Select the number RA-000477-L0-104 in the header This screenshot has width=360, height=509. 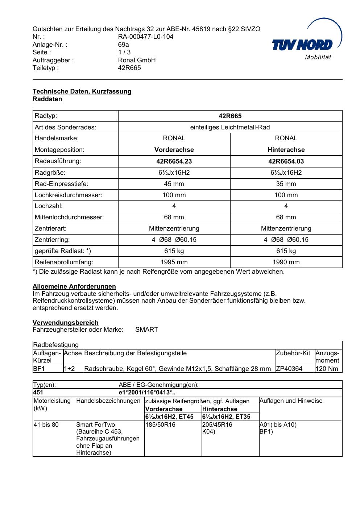[x=145, y=37]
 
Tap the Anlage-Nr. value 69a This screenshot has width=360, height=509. [x=123, y=45]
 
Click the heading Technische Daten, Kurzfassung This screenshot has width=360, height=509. [x=82, y=91]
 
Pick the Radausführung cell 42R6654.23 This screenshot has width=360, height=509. [x=174, y=161]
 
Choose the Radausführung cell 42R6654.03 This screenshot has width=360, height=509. [x=286, y=161]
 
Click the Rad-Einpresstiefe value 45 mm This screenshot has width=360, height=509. [x=174, y=184]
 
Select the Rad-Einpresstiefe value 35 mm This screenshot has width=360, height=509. [x=286, y=184]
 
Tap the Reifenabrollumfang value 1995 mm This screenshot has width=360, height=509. [x=174, y=262]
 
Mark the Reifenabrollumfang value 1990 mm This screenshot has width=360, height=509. [x=286, y=262]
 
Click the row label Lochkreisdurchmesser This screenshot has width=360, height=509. [x=69, y=195]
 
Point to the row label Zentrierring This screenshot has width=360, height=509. [x=52, y=240]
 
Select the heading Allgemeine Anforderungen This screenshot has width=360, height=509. [x=74, y=286]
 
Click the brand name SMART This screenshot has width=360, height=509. [x=146, y=330]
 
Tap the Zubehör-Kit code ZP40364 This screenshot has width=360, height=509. [x=289, y=369]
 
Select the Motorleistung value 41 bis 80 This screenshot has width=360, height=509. [x=46, y=425]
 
